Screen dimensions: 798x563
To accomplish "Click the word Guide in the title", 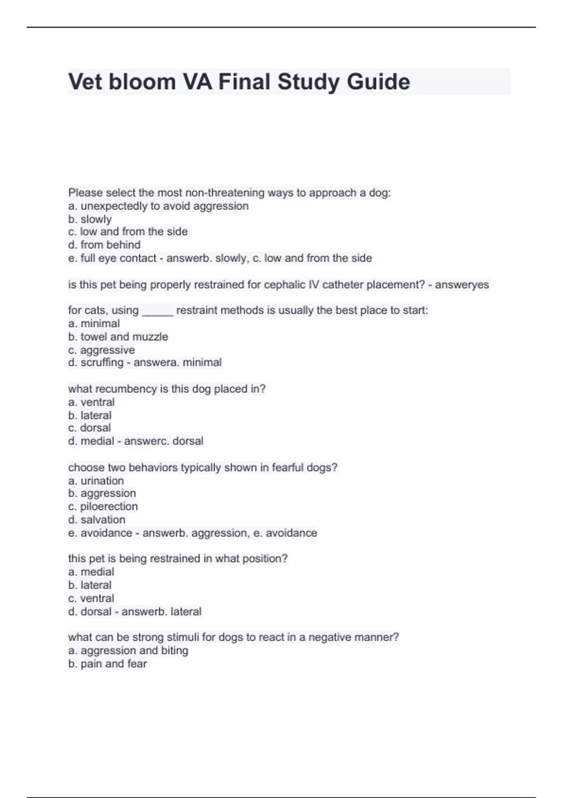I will (378, 82).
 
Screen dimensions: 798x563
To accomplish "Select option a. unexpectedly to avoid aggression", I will (158, 206).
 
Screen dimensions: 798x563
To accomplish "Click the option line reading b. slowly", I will (90, 219).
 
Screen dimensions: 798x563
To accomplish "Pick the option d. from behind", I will (104, 245).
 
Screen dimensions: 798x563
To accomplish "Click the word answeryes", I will (462, 284).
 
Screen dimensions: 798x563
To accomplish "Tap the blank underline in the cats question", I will (158, 312).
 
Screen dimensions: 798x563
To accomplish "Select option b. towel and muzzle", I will (118, 337).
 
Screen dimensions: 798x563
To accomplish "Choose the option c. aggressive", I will (101, 350).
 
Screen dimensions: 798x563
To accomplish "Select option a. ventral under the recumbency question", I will (91, 402).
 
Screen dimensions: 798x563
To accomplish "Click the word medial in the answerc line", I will (97, 441).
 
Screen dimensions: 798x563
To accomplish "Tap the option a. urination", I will (96, 481).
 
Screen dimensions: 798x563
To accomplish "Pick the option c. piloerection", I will (103, 506).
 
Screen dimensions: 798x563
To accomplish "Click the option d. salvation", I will (97, 520).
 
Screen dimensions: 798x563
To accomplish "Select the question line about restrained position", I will (178, 559).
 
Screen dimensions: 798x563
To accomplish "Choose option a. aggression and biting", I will (128, 650).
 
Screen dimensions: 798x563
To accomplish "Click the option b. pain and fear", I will (107, 664).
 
